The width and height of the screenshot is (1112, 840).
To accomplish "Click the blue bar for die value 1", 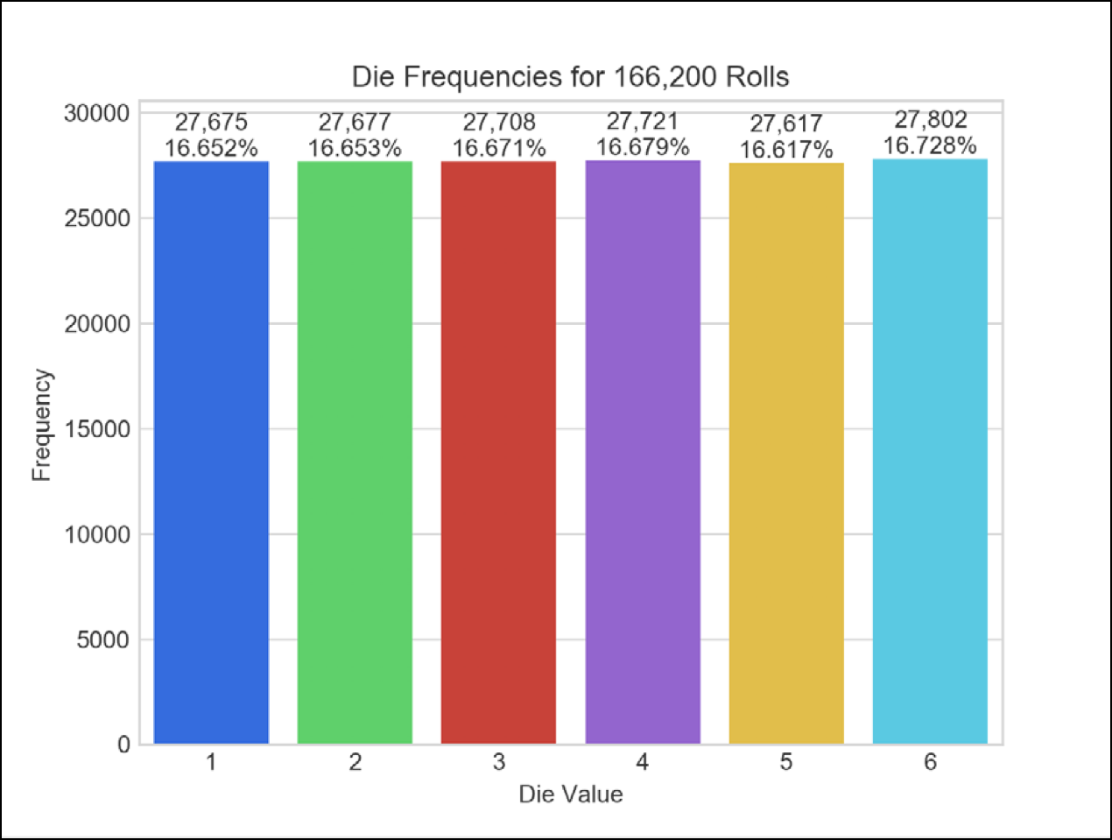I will click(x=211, y=452).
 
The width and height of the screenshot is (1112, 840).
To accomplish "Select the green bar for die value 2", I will click(x=355, y=452).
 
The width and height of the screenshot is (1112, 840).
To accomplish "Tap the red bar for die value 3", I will click(x=498, y=452).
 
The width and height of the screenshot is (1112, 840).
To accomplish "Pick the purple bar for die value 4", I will click(x=643, y=452).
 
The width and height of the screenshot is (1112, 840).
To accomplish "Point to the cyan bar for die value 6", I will click(x=930, y=451).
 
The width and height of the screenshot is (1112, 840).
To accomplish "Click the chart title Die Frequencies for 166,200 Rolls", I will click(x=570, y=77).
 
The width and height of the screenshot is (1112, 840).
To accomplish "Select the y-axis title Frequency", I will click(x=41, y=426).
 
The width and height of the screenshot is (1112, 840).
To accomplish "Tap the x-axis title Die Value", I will click(x=571, y=794).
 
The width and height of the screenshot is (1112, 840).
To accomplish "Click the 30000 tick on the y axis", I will click(x=96, y=114).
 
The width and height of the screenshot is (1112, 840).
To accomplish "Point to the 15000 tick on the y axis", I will click(x=96, y=429).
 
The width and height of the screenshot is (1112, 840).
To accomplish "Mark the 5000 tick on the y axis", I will click(x=102, y=640).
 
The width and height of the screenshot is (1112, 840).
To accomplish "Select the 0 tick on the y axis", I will click(x=123, y=745).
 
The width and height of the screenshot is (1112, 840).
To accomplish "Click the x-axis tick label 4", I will click(x=643, y=763).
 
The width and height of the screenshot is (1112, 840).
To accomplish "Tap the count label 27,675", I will click(x=211, y=123).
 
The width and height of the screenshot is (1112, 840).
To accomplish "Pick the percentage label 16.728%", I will click(x=930, y=145).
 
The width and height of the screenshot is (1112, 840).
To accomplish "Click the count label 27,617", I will click(x=786, y=124).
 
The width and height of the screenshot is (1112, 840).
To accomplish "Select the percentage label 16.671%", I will click(x=498, y=148).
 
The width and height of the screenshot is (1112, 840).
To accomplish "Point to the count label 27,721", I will click(x=643, y=121).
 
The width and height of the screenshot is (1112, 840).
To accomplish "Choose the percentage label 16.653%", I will click(x=355, y=148).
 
